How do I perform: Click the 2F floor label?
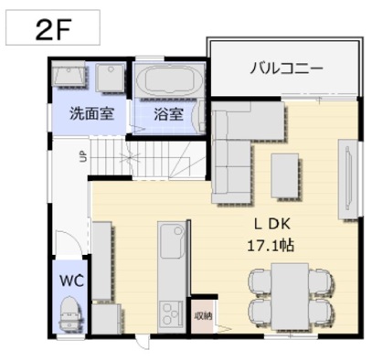tap(53, 30)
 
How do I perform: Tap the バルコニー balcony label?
tap(286, 69)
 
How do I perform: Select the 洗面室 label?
tap(92, 113)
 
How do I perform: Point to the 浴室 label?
tap(168, 114)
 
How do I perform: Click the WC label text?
tap(71, 281)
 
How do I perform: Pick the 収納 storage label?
tap(203, 316)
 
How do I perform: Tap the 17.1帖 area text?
tap(271, 246)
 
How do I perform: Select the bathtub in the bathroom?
tap(165, 79)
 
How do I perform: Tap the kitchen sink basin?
tap(172, 241)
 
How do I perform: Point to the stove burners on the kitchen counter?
tap(170, 313)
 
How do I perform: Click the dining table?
tap(291, 297)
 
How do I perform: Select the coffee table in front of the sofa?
tap(285, 175)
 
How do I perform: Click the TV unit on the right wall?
tap(348, 179)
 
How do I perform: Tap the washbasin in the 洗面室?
tap(69, 73)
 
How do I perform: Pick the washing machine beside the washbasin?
tap(110, 78)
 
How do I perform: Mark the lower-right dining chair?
tap(321, 312)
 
